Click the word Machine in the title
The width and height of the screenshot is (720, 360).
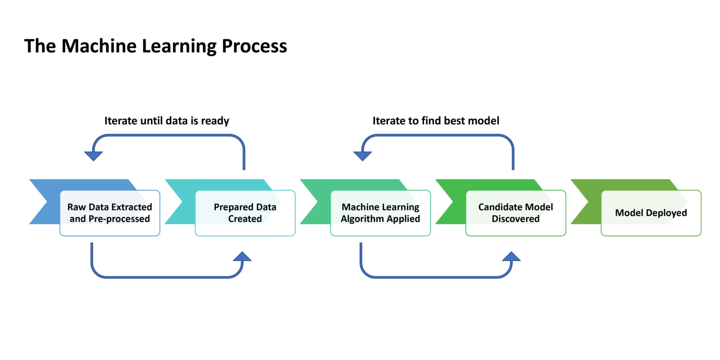coord(99,46)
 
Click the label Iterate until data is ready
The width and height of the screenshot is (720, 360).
coord(166,121)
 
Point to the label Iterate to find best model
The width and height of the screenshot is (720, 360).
coord(436,121)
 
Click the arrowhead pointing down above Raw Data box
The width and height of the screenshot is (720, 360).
coord(93,156)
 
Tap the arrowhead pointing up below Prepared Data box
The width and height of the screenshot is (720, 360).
coord(242,257)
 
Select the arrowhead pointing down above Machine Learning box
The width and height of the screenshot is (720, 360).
coord(363,156)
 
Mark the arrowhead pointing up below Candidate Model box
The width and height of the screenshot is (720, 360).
coord(511,257)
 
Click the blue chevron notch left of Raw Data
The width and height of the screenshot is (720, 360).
coord(43,202)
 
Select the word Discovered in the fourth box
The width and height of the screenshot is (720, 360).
coord(516,219)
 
